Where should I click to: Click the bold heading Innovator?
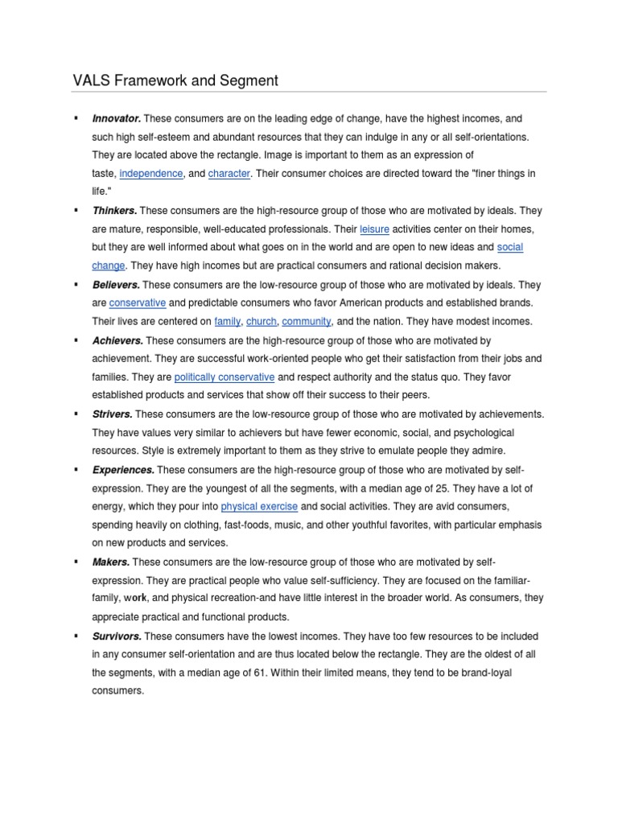tap(117, 119)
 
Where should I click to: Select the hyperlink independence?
tap(151, 173)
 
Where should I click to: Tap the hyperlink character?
tap(229, 173)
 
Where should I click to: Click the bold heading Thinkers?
tap(114, 211)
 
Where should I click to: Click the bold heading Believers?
tap(116, 285)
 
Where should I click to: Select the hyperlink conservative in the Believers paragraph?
tap(138, 303)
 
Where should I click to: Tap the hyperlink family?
tap(228, 322)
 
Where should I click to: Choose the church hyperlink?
tap(262, 322)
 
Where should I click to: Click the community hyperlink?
tap(307, 322)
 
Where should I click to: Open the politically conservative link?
tap(225, 377)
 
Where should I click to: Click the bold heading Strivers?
tap(113, 414)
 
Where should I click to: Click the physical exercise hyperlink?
tap(259, 507)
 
